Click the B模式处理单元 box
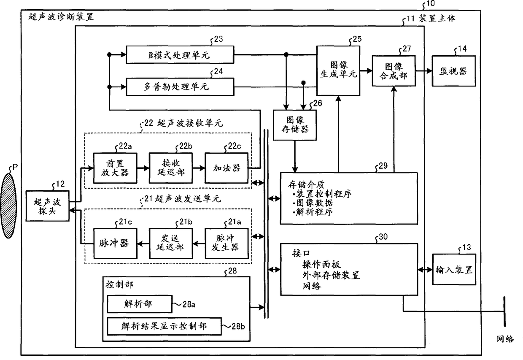point(180,55)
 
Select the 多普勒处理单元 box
point(180,87)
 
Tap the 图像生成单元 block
point(338,70)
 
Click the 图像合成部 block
point(394,71)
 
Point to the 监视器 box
point(453,71)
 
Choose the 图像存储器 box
point(295,125)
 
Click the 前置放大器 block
point(115,168)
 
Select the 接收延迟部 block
point(171,168)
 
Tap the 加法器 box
point(226,168)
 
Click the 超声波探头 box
point(47,206)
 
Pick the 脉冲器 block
point(115,244)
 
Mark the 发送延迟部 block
point(171,244)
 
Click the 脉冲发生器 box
point(226,244)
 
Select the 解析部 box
point(139,304)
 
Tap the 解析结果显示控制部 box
point(164,326)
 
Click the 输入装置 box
point(454,269)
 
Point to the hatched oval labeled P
point(8,206)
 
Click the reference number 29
point(383,165)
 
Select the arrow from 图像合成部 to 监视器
point(424,71)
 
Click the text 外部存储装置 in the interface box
point(331,275)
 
